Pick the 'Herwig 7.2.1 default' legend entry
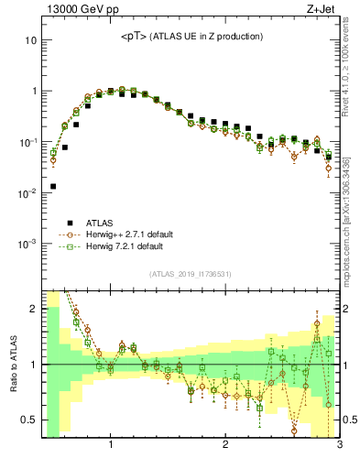[126, 246]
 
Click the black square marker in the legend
[70, 222]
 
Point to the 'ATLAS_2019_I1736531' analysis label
[189, 274]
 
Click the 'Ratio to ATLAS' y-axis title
[13, 365]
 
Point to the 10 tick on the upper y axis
[29, 41]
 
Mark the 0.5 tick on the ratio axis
[29, 420]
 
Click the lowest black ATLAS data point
[53, 186]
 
